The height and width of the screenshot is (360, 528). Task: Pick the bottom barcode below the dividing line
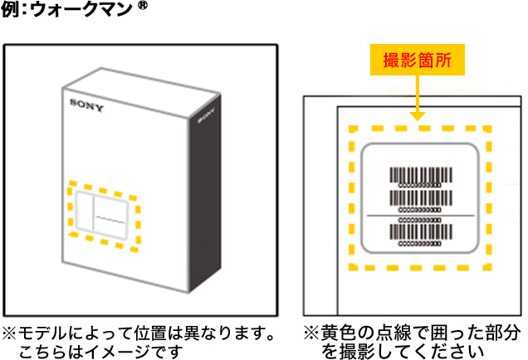(x=419, y=227)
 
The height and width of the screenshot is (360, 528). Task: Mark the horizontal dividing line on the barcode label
(x=419, y=215)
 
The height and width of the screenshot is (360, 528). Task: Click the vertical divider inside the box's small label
(x=91, y=213)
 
